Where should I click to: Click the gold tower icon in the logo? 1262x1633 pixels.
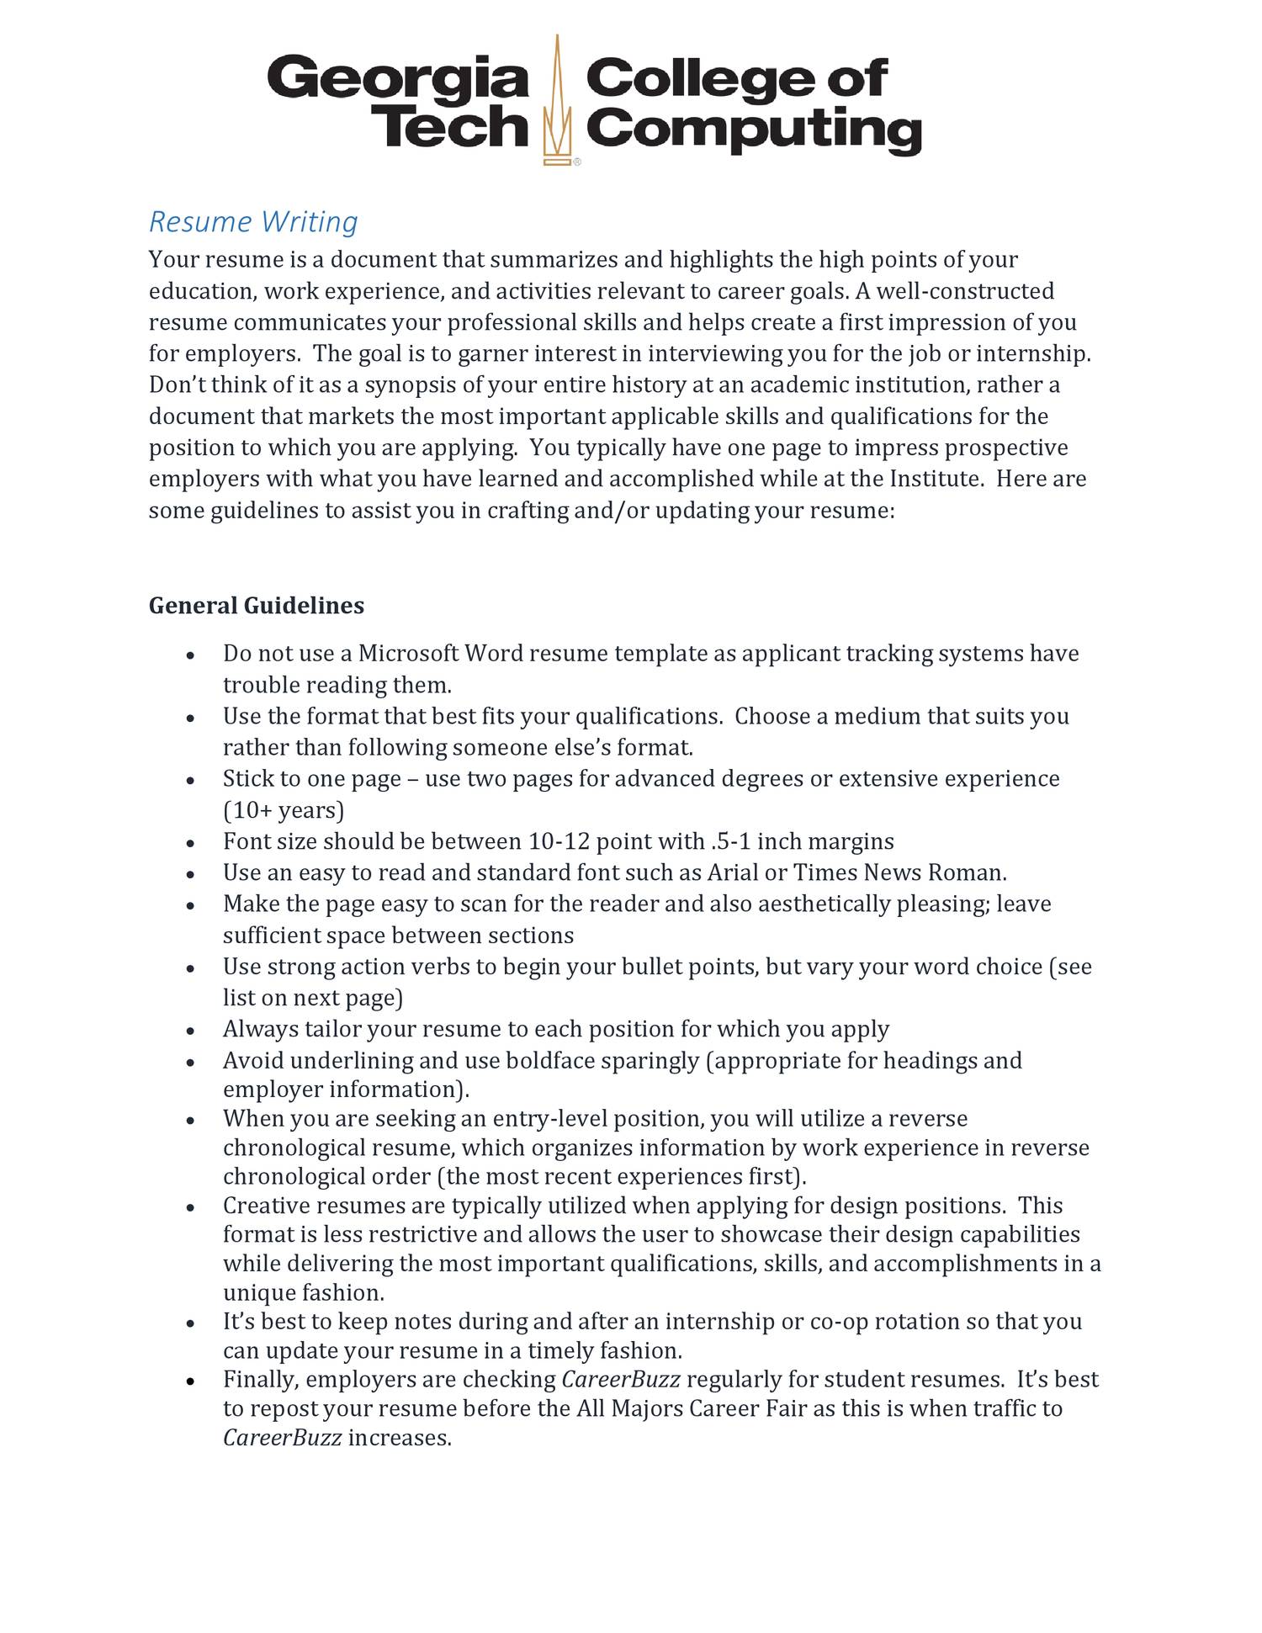pyautogui.click(x=556, y=101)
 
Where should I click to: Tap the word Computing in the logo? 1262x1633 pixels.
pyautogui.click(x=753, y=131)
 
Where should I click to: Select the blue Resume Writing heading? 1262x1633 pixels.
pyautogui.click(x=253, y=222)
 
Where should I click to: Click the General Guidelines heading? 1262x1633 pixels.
pyautogui.click(x=257, y=606)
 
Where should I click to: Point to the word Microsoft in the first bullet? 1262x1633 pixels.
pyautogui.click(x=408, y=654)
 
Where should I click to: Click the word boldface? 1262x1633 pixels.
pyautogui.click(x=550, y=1060)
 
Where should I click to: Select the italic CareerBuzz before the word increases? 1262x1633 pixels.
pyautogui.click(x=282, y=1438)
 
